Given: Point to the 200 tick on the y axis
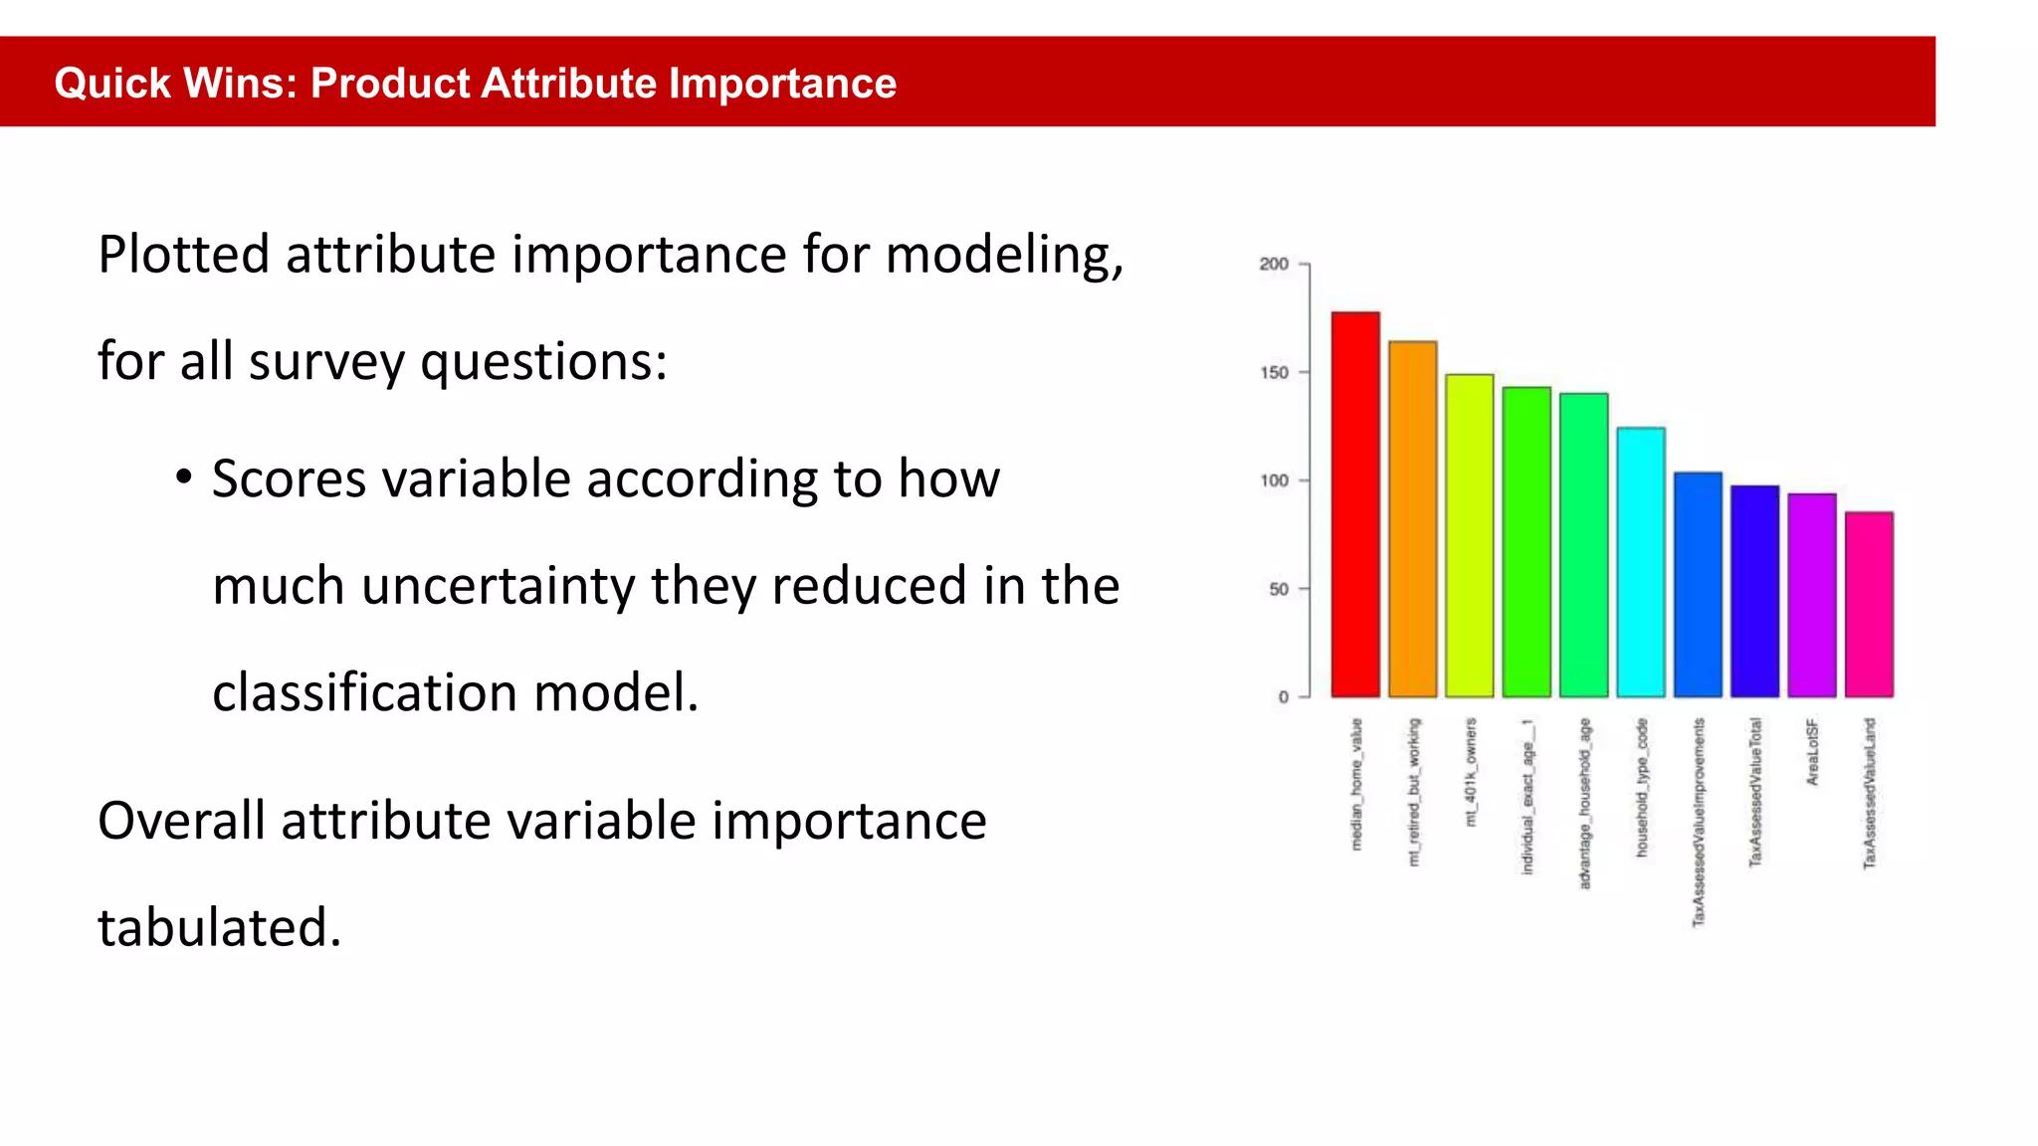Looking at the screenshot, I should [1274, 264].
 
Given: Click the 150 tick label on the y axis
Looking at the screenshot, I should [1274, 372].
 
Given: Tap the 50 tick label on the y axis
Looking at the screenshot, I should [1278, 589].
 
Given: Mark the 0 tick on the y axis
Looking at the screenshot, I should [1284, 697].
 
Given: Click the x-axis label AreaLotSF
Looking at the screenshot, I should [1812, 752].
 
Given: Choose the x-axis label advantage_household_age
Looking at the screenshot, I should [1584, 803].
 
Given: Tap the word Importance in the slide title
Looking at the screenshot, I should [782, 83].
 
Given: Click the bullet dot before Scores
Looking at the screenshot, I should [183, 477].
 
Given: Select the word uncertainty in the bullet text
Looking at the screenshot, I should [498, 585].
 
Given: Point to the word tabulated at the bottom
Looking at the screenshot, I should [220, 927].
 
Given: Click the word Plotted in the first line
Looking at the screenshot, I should [184, 255].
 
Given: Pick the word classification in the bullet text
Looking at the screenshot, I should [364, 692].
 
